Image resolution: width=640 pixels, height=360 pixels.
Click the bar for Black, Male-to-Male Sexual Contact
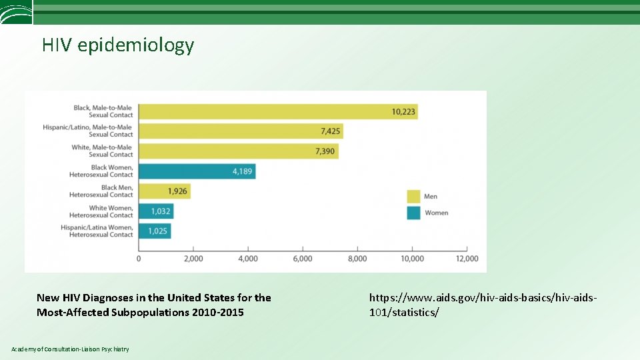(277, 111)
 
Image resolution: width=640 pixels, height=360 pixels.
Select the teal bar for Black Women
(197, 171)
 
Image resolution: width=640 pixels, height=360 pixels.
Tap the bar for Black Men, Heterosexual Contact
(164, 191)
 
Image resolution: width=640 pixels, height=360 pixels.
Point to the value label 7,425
(330, 131)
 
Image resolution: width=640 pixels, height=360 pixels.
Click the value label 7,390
(325, 151)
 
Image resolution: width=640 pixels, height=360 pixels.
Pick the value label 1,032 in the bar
(161, 211)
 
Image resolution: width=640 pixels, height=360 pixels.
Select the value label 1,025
(159, 231)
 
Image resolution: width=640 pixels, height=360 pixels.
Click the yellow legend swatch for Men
(413, 196)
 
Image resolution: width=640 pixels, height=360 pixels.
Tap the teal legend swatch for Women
(413, 213)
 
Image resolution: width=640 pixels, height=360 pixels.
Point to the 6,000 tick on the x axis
(303, 259)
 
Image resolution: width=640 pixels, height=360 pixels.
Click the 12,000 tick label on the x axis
(467, 259)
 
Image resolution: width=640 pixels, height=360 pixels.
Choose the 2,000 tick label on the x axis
(193, 259)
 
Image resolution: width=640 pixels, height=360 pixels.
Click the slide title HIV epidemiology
(118, 45)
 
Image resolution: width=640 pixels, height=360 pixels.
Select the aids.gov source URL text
(483, 305)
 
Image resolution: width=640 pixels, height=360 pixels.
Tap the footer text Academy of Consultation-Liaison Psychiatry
(70, 349)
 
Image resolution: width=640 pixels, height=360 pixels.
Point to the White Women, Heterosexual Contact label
(101, 211)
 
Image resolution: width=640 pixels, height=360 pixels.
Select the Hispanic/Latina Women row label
(97, 231)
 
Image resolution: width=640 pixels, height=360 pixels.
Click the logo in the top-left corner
(16, 12)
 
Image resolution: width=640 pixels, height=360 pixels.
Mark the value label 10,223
(403, 111)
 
